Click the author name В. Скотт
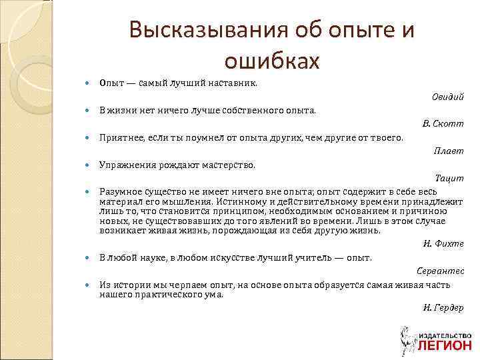click(x=443, y=124)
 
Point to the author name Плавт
click(x=449, y=151)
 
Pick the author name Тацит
click(x=449, y=178)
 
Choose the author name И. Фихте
click(x=443, y=244)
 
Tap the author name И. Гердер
click(x=443, y=307)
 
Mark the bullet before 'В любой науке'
click(x=89, y=257)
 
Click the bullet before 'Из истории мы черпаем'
click(x=89, y=283)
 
